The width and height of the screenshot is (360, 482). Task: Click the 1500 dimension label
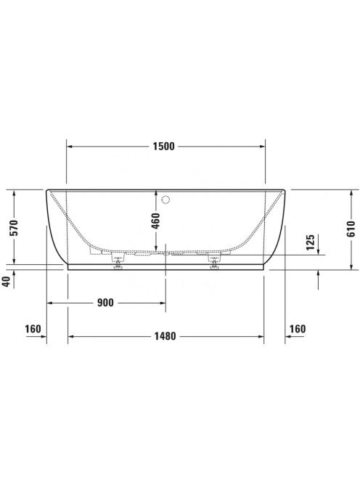[x=163, y=147]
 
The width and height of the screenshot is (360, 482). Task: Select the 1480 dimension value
[x=165, y=336]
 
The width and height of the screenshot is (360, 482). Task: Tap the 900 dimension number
[x=105, y=303]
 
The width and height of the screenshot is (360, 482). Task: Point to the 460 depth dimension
[x=156, y=221]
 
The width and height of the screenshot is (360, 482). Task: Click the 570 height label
[x=14, y=227]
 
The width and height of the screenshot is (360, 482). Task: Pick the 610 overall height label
[x=351, y=229]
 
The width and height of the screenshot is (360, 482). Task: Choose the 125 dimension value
[x=311, y=242]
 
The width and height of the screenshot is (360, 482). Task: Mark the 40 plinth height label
[x=7, y=282]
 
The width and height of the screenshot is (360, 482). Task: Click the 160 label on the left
[x=33, y=329]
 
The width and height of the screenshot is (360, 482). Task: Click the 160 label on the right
[x=298, y=329]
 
